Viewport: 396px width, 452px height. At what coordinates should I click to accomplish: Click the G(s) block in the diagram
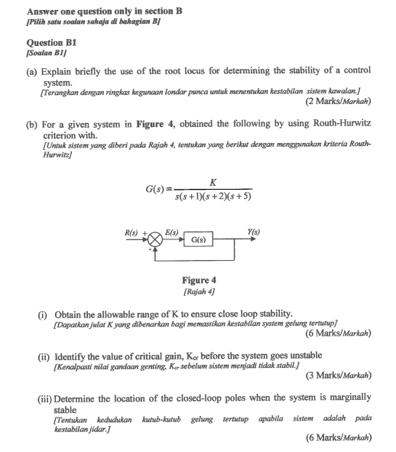pyautogui.click(x=199, y=239)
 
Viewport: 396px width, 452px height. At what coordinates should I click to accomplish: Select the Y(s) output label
pyautogui.click(x=253, y=231)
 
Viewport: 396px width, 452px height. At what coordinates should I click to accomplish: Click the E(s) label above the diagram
pyautogui.click(x=172, y=231)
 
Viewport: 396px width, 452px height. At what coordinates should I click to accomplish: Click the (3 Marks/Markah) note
pyautogui.click(x=337, y=376)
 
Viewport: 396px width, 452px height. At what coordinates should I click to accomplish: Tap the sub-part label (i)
pyautogui.click(x=44, y=314)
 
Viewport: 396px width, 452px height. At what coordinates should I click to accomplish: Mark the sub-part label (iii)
pyautogui.click(x=46, y=397)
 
